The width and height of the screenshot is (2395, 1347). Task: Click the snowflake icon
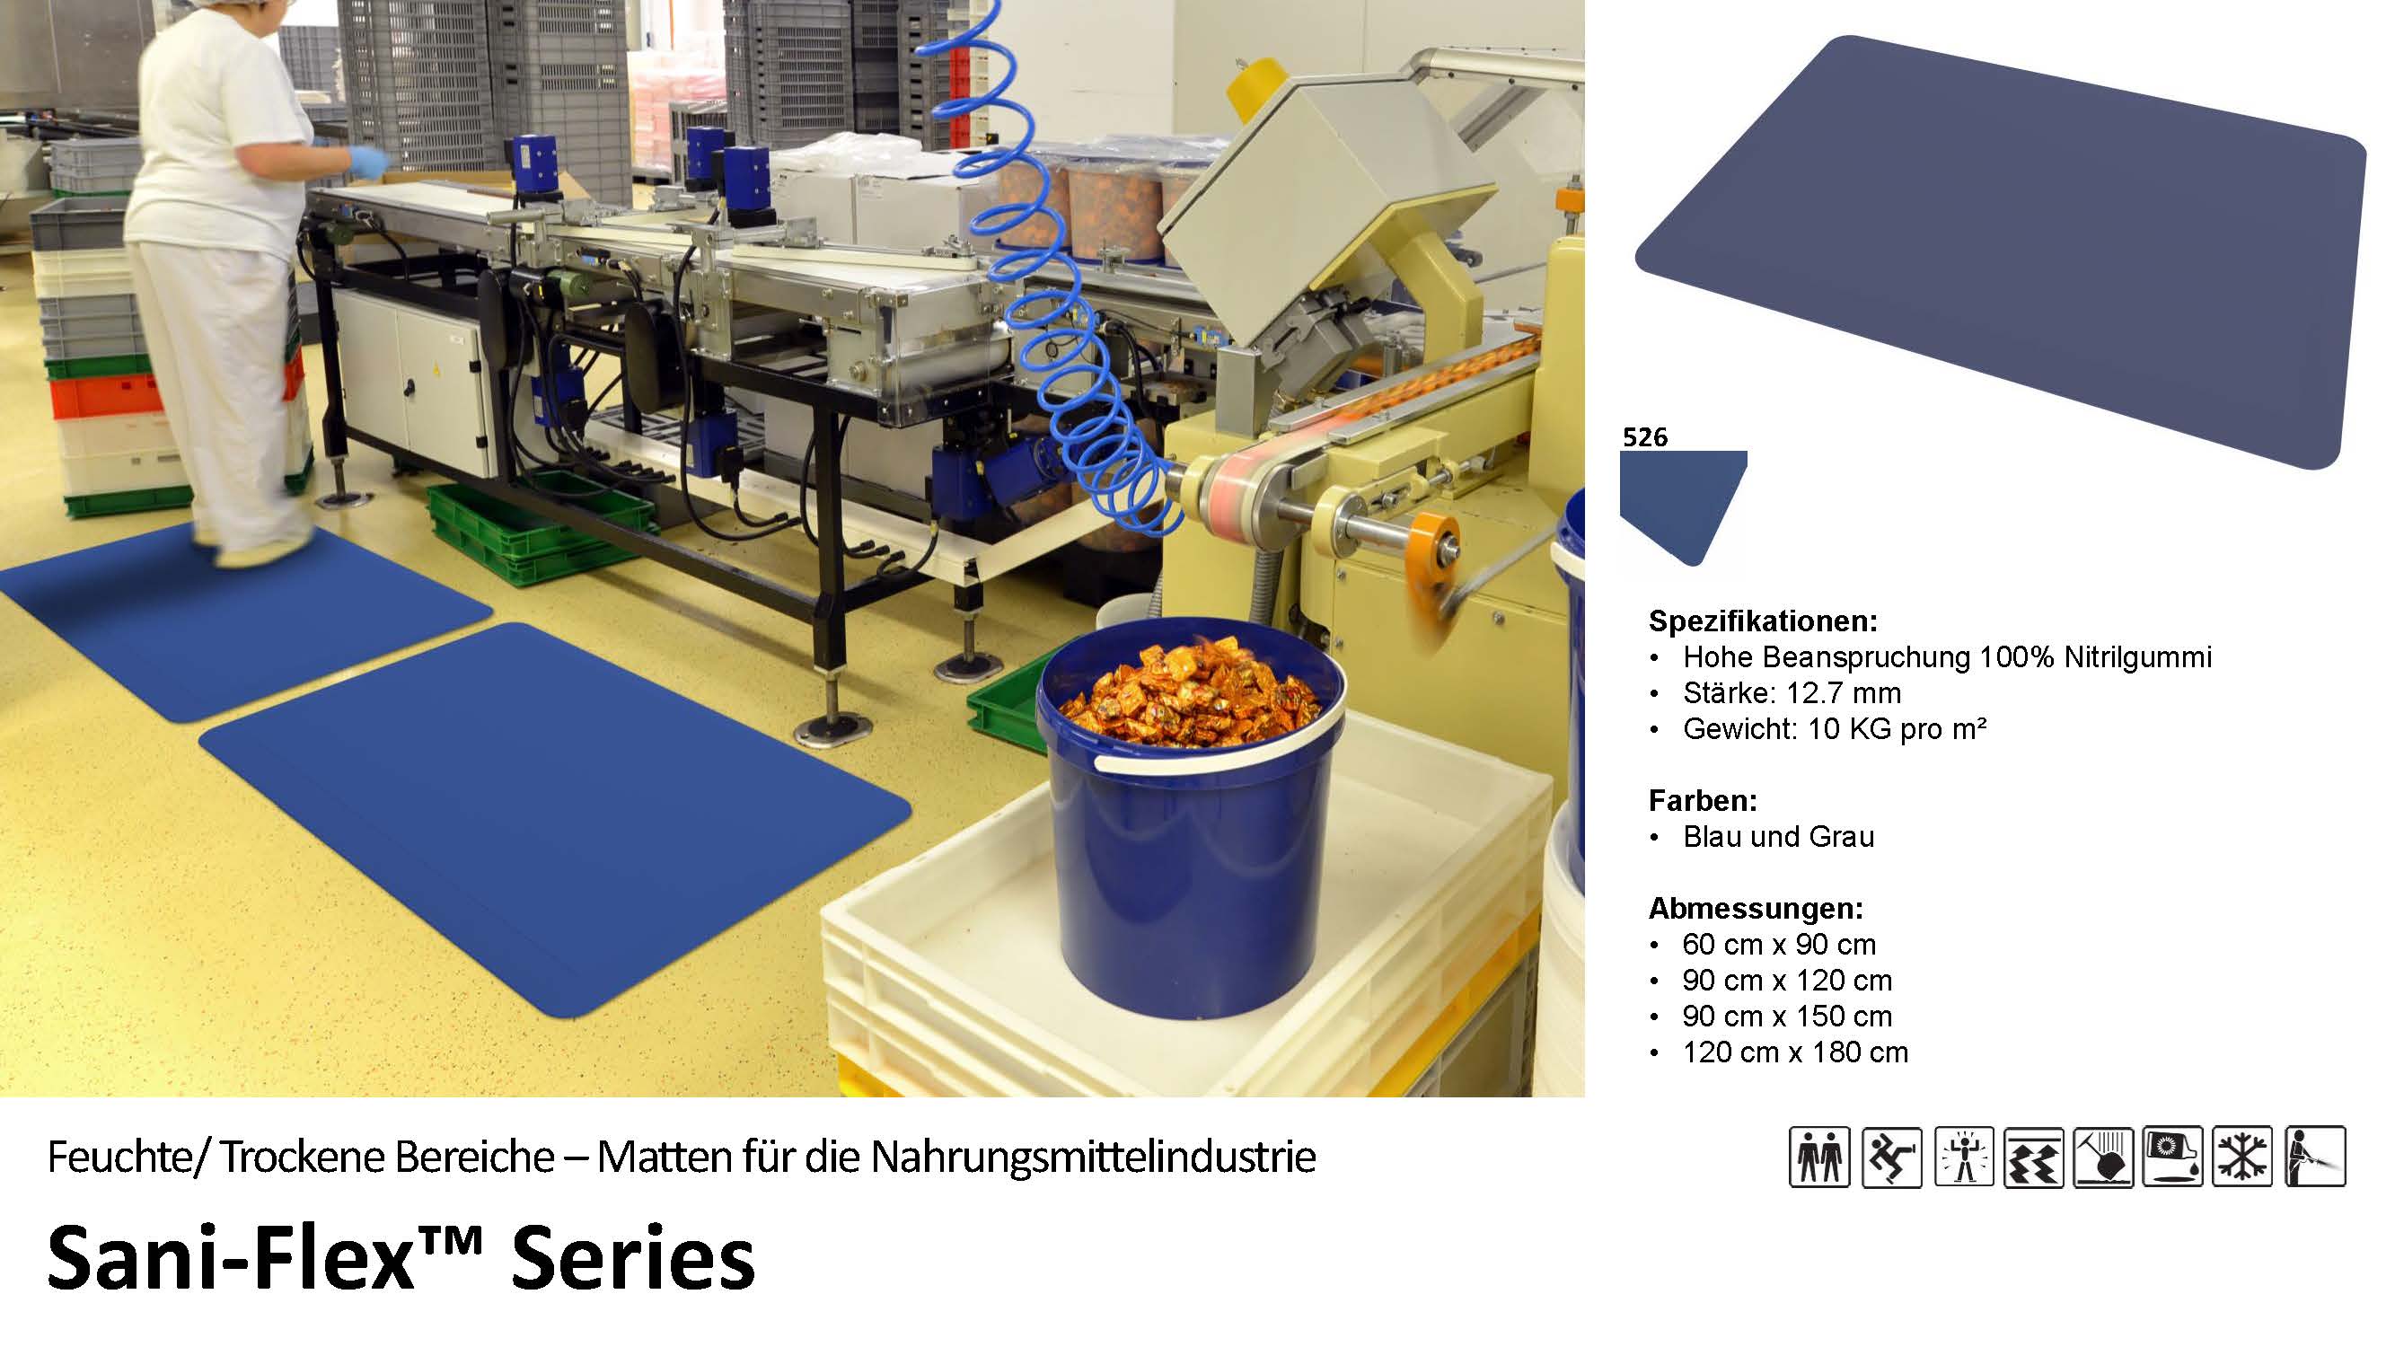[x=2242, y=1157]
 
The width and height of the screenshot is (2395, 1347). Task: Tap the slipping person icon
[x=1892, y=1157]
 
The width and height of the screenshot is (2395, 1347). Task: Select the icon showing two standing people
[x=1819, y=1157]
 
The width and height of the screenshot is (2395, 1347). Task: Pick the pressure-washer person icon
[x=2315, y=1157]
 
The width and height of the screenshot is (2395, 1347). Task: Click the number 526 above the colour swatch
[x=1644, y=437]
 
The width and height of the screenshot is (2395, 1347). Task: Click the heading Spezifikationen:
[x=1763, y=621]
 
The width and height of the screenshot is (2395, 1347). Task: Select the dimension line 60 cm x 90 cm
[x=1779, y=945]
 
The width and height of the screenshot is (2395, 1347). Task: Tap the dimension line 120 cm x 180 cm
[x=1795, y=1052]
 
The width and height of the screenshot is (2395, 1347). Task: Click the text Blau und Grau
[x=1779, y=837]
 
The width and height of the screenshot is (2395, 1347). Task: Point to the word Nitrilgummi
[x=2137, y=657]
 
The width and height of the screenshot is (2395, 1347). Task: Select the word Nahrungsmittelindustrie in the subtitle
[x=1093, y=1158]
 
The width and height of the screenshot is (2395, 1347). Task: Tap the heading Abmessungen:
[x=1757, y=908]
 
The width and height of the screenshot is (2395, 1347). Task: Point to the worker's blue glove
[x=369, y=162]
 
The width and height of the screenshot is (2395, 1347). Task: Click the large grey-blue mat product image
[x=2008, y=251]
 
